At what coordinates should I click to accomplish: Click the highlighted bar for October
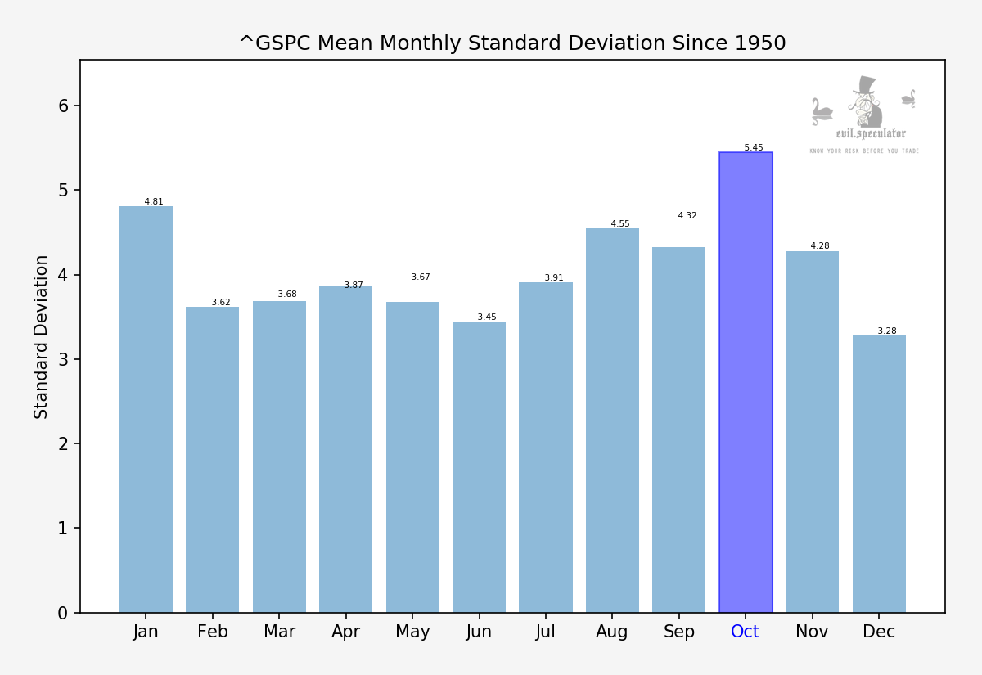[746, 382]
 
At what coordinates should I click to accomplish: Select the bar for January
[146, 409]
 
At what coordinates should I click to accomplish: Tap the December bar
[879, 474]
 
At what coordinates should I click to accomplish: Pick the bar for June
[479, 466]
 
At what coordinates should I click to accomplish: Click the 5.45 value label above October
[753, 148]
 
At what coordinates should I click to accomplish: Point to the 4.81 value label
[154, 202]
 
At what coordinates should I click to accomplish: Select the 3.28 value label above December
[887, 331]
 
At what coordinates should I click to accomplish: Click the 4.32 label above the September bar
[687, 216]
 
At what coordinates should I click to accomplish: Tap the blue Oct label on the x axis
[746, 632]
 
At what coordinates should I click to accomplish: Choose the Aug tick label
[612, 632]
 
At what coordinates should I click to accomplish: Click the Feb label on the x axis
[213, 632]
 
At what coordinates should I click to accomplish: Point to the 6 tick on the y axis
[64, 106]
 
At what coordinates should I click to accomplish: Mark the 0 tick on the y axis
[64, 613]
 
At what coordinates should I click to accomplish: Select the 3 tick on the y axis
[64, 359]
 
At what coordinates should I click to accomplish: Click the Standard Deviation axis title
[42, 336]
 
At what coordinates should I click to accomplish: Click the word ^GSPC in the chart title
[275, 43]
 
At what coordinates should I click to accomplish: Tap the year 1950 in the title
[760, 43]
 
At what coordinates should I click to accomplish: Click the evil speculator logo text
[871, 133]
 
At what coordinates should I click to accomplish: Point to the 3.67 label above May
[421, 277]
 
